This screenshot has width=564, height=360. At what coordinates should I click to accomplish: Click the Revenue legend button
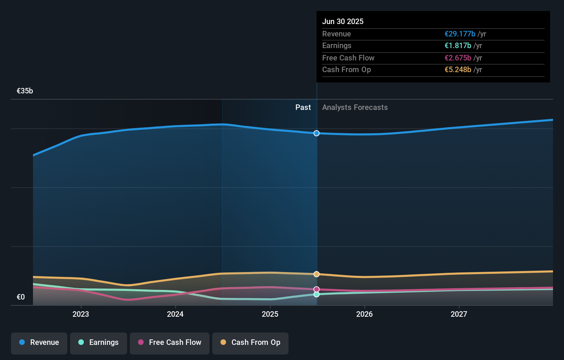click(39, 342)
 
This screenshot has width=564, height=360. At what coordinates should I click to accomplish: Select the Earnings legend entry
click(99, 342)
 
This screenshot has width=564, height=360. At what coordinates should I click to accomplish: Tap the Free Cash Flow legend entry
click(170, 342)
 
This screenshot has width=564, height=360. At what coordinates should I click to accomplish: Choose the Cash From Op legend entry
click(250, 342)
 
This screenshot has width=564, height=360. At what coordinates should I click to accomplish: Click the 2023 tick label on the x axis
click(81, 314)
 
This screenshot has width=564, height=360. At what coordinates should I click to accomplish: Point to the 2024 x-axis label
click(175, 314)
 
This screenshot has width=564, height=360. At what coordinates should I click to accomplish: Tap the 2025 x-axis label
click(270, 314)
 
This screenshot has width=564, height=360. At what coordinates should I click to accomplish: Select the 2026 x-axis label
click(364, 314)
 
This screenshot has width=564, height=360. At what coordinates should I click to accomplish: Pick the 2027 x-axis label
click(459, 314)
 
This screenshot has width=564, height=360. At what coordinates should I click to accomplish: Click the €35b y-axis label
click(25, 91)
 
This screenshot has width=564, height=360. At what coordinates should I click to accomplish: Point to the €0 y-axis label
click(21, 297)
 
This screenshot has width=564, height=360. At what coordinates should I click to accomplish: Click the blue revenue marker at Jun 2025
click(316, 133)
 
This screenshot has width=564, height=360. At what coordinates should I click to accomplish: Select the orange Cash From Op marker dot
click(316, 274)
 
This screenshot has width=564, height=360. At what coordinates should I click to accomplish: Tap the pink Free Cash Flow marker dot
click(316, 289)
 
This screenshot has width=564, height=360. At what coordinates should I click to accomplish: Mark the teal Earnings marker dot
click(316, 294)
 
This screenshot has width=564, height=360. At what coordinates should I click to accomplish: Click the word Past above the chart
click(303, 108)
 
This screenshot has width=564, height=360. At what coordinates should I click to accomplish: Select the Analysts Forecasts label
click(355, 108)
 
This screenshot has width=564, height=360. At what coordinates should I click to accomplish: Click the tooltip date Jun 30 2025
click(343, 21)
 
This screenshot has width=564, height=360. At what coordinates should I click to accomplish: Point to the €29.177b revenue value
click(460, 34)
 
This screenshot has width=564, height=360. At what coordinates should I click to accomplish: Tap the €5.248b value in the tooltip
click(458, 69)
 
